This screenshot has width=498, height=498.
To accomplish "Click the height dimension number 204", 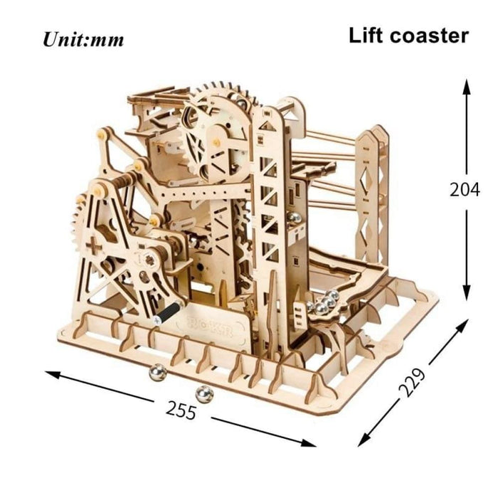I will (x=465, y=189).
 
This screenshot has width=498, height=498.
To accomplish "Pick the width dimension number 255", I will (x=182, y=408).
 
